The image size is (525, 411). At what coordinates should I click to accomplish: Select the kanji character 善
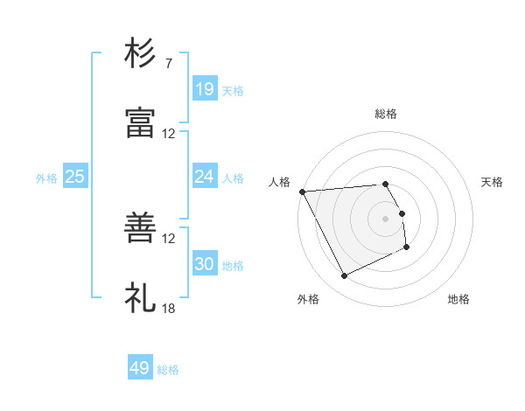pyautogui.click(x=141, y=228)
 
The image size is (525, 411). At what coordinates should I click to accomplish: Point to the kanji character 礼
pyautogui.click(x=141, y=298)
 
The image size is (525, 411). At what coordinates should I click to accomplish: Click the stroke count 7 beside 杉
pyautogui.click(x=168, y=64)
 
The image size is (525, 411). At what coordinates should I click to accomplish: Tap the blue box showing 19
pyautogui.click(x=205, y=88)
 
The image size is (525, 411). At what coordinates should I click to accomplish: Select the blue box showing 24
pyautogui.click(x=205, y=177)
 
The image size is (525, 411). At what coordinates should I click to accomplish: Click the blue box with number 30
pyautogui.click(x=205, y=264)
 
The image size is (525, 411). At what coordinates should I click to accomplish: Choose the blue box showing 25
pyautogui.click(x=75, y=177)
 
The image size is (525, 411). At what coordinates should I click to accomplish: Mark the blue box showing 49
pyautogui.click(x=140, y=368)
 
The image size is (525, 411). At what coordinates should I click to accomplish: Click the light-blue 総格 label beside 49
pyautogui.click(x=168, y=370)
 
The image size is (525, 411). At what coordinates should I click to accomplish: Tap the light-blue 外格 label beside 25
pyautogui.click(x=46, y=178)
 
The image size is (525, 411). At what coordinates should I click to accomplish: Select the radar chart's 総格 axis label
pyautogui.click(x=386, y=114)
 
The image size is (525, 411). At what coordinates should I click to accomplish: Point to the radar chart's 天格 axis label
pyautogui.click(x=493, y=182)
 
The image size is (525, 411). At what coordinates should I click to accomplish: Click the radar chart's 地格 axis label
pyautogui.click(x=458, y=299)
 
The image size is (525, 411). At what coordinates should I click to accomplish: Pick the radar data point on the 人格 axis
pyautogui.click(x=302, y=192)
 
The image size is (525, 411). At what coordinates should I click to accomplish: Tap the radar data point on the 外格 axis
pyautogui.click(x=344, y=276)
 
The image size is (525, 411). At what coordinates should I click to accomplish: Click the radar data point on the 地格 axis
pyautogui.click(x=407, y=247)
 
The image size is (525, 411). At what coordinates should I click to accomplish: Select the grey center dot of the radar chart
pyautogui.click(x=386, y=219)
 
